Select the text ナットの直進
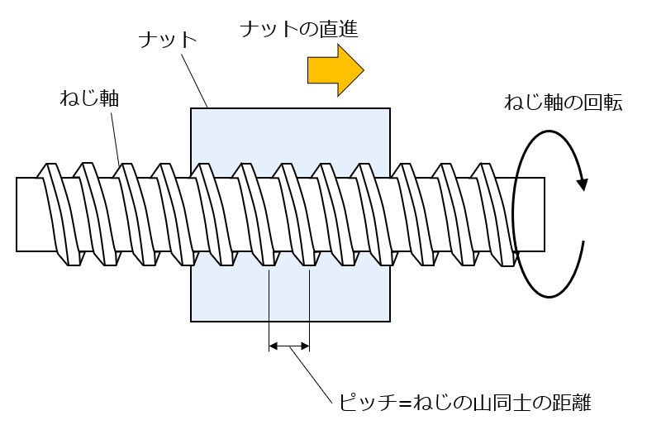[298, 30]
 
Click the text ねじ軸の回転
[563, 103]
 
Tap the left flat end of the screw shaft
[17, 214]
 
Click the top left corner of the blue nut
[192, 108]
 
